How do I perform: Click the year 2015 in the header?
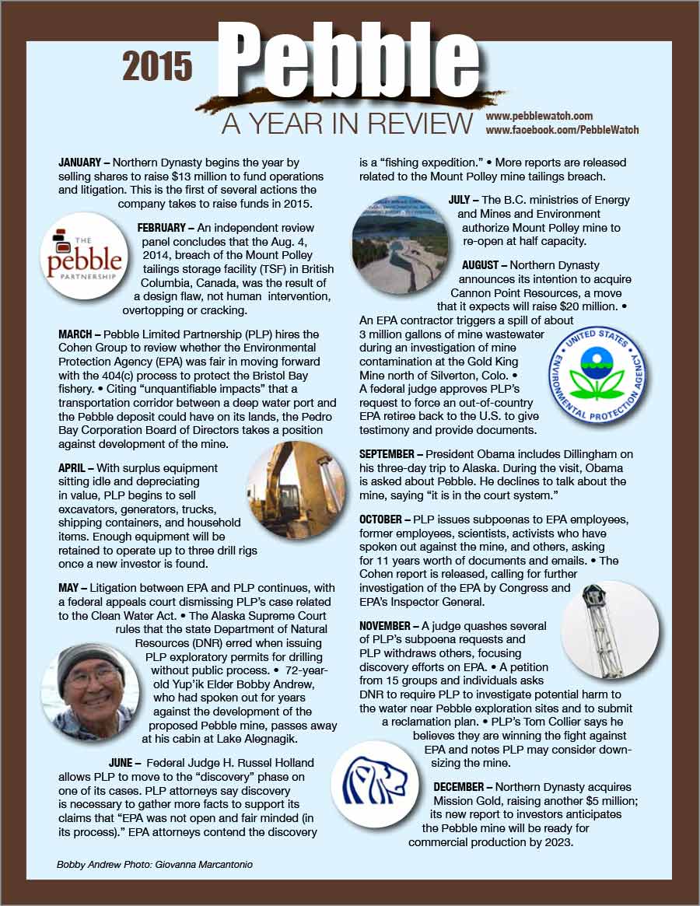pyautogui.click(x=157, y=68)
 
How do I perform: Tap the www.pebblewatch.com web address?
pyautogui.click(x=539, y=116)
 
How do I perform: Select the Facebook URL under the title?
pyautogui.click(x=562, y=130)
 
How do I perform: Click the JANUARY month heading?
pyautogui.click(x=80, y=163)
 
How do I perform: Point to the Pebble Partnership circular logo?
pyautogui.click(x=84, y=257)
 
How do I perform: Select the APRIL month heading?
pyautogui.click(x=75, y=468)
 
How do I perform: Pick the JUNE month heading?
pyautogui.click(x=125, y=762)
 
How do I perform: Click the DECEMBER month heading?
pyautogui.click(x=462, y=787)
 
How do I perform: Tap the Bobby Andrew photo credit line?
pyautogui.click(x=155, y=864)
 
